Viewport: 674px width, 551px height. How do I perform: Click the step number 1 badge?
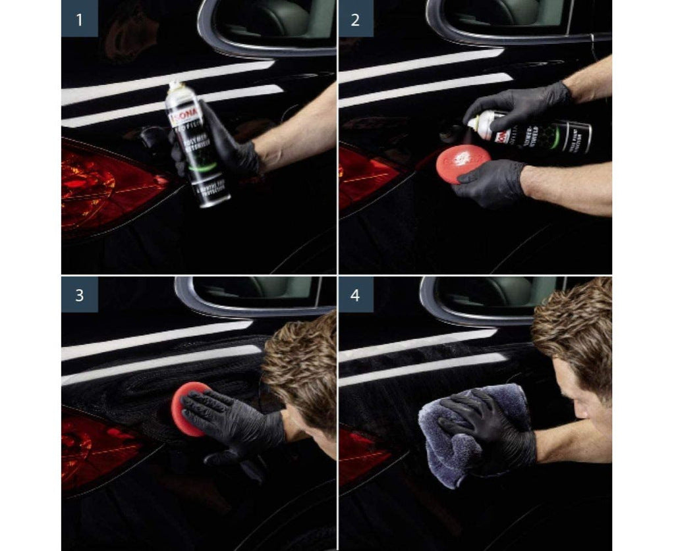[80, 18]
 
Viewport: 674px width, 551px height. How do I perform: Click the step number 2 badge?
[356, 18]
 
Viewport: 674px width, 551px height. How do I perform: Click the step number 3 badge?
[80, 294]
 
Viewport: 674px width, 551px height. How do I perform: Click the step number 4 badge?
[356, 294]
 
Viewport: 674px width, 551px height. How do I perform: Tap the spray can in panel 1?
[198, 145]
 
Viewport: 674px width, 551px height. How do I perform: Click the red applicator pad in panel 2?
[463, 161]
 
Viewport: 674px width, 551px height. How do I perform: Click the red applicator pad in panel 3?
[188, 408]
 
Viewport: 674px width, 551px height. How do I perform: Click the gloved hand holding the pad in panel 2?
[488, 184]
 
